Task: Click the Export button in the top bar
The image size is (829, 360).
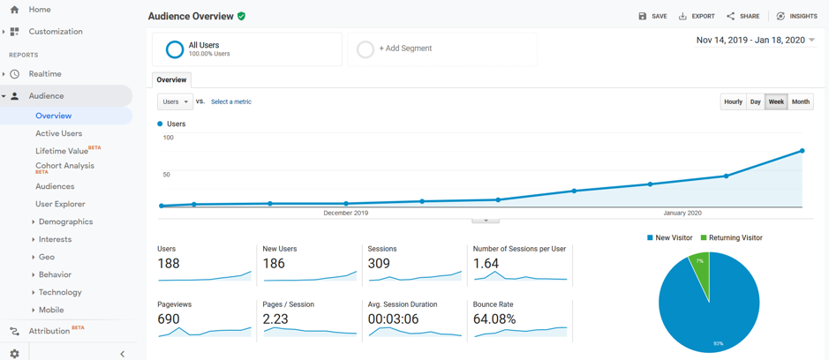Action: click(x=697, y=16)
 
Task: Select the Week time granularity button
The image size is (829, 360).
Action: click(x=776, y=101)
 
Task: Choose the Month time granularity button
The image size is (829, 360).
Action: click(x=800, y=101)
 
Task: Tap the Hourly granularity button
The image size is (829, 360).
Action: click(x=733, y=101)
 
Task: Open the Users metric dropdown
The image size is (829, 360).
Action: click(x=175, y=101)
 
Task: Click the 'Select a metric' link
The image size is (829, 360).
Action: click(x=231, y=101)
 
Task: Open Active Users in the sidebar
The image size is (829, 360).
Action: click(x=58, y=133)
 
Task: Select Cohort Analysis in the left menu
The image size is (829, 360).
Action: click(x=64, y=165)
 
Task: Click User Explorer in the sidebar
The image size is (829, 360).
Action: click(x=60, y=204)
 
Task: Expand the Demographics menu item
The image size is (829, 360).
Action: click(x=65, y=221)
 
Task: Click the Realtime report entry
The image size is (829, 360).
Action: click(x=45, y=74)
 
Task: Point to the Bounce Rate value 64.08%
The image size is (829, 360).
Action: click(x=494, y=319)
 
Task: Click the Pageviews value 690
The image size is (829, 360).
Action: click(x=169, y=319)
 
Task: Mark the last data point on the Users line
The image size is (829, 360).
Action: click(x=802, y=151)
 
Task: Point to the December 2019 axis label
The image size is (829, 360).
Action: click(x=345, y=213)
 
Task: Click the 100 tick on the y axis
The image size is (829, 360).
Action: click(x=168, y=138)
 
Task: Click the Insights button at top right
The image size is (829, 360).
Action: click(x=796, y=16)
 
